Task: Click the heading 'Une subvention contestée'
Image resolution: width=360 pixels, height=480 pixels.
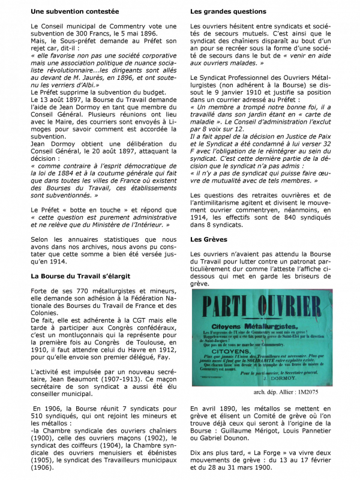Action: coord(74,11)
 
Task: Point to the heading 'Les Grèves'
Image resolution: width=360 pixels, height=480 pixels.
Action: coord(208,240)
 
